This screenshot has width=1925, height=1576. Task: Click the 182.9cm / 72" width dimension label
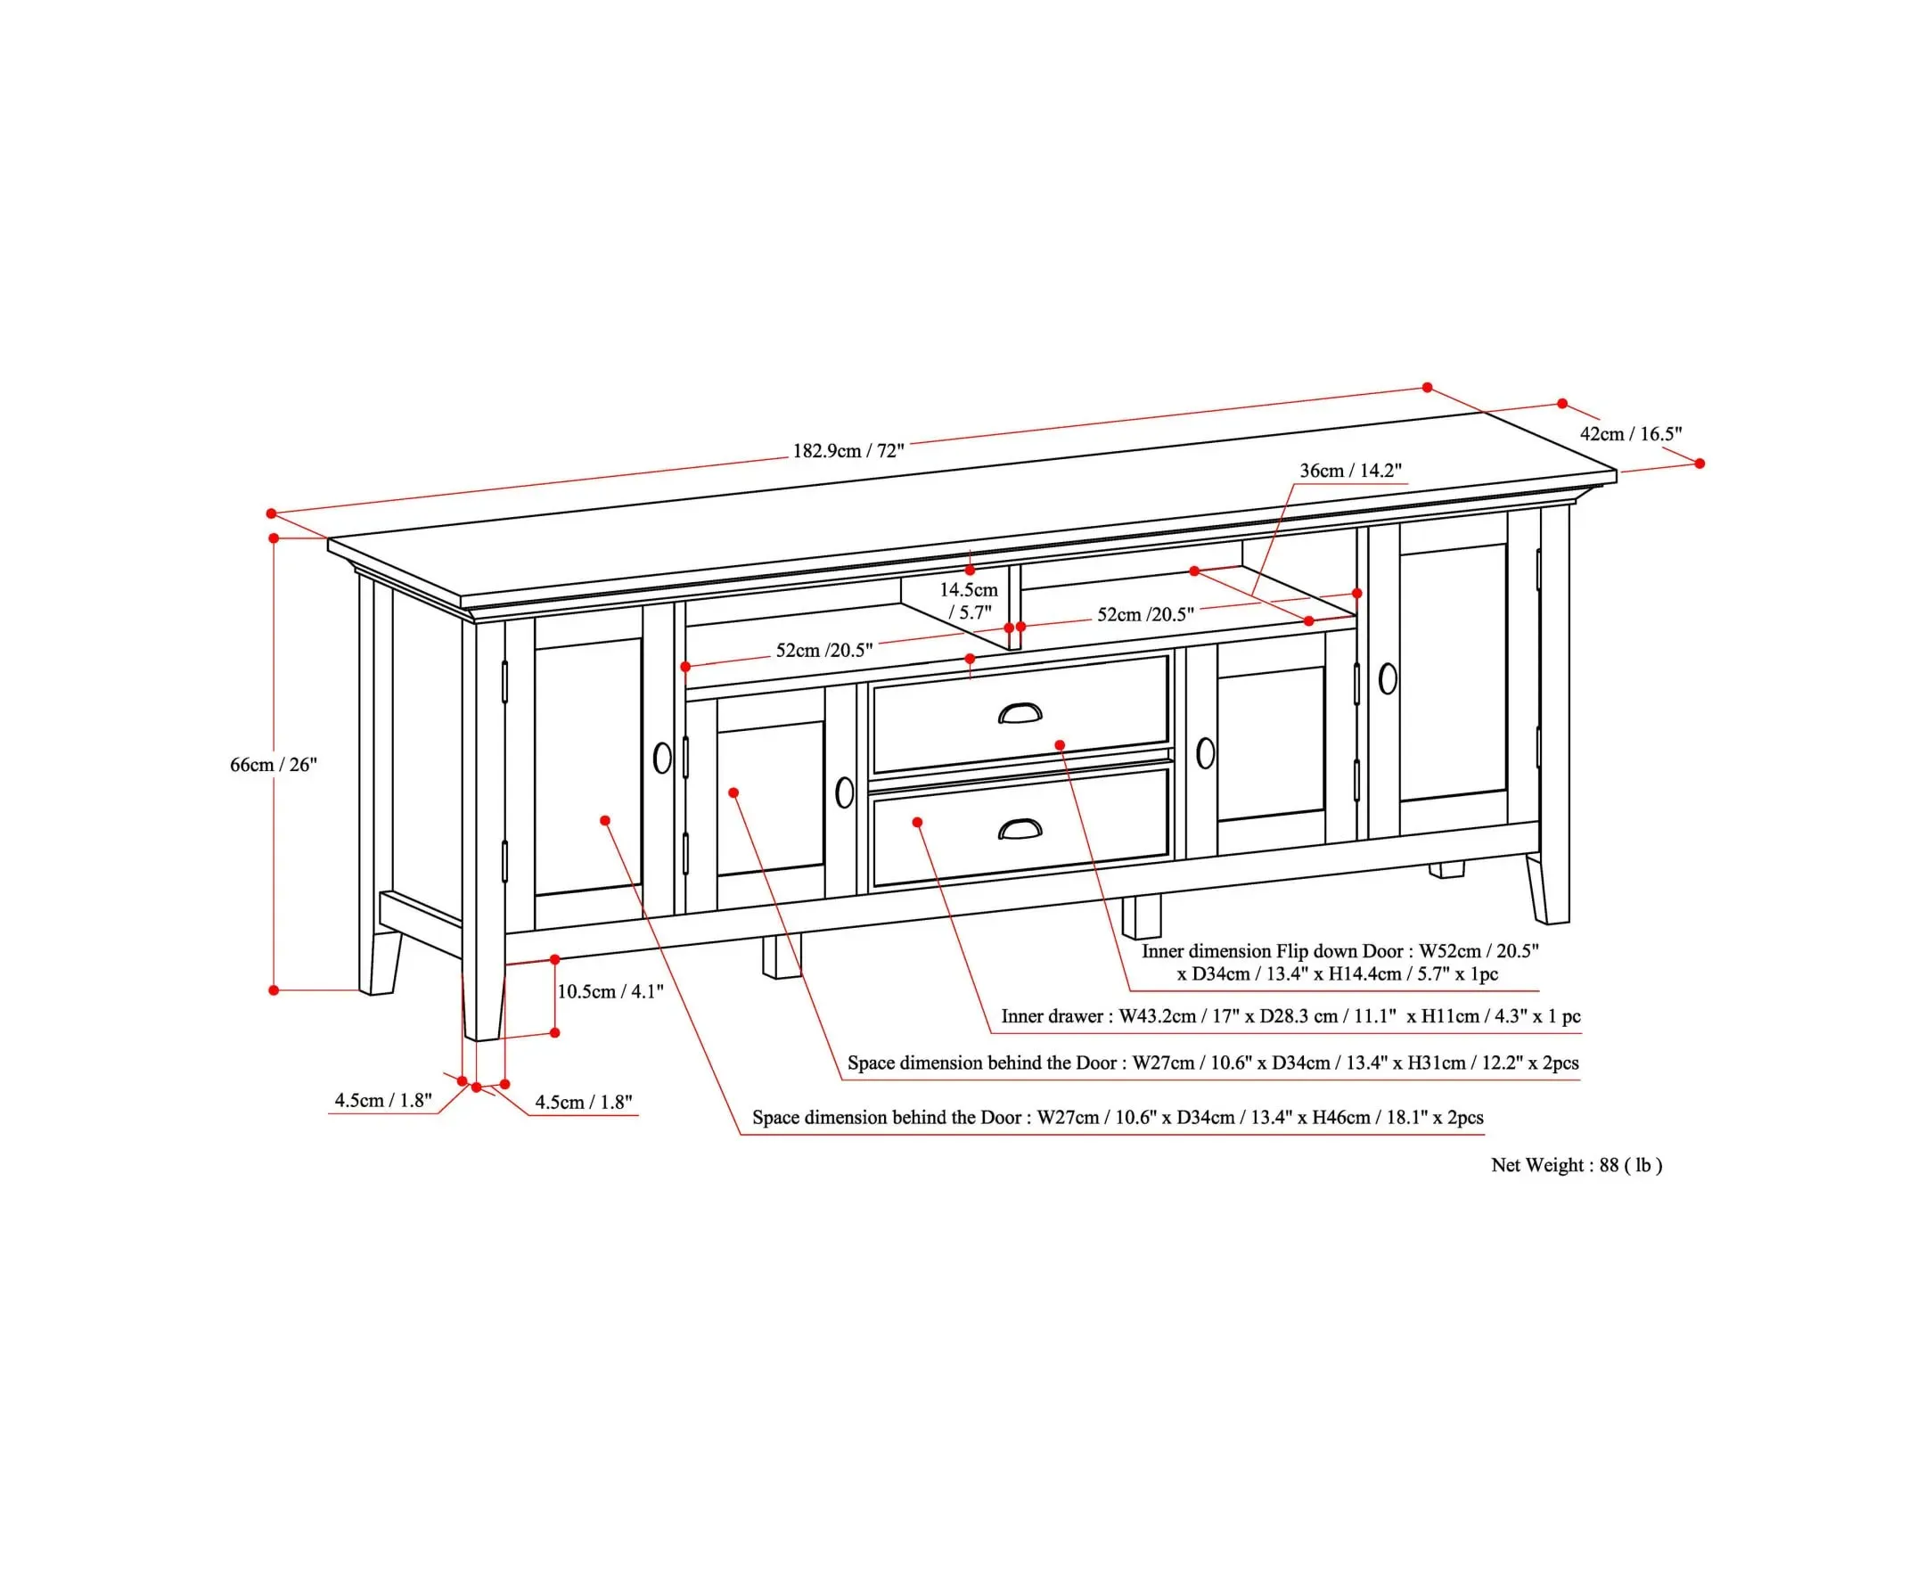pos(848,450)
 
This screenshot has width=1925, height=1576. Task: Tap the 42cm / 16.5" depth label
pos(1630,434)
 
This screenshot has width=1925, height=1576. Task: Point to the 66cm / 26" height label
pos(274,765)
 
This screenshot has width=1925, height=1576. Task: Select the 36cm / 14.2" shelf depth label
pos(1350,471)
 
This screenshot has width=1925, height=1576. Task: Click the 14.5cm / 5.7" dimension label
pos(969,601)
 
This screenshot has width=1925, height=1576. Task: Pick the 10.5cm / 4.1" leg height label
pos(610,991)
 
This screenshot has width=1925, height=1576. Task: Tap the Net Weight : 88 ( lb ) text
pos(1577,1165)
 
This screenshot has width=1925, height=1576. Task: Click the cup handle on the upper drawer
pos(1020,715)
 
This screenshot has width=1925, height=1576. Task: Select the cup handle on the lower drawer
pos(1020,829)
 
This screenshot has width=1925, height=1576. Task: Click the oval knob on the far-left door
pos(662,758)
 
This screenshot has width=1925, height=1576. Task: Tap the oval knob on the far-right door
pos(1388,678)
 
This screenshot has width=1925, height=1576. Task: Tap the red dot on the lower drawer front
pos(918,823)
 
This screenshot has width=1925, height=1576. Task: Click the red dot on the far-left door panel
pos(605,821)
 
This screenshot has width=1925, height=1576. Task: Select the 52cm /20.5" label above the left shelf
pos(824,650)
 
